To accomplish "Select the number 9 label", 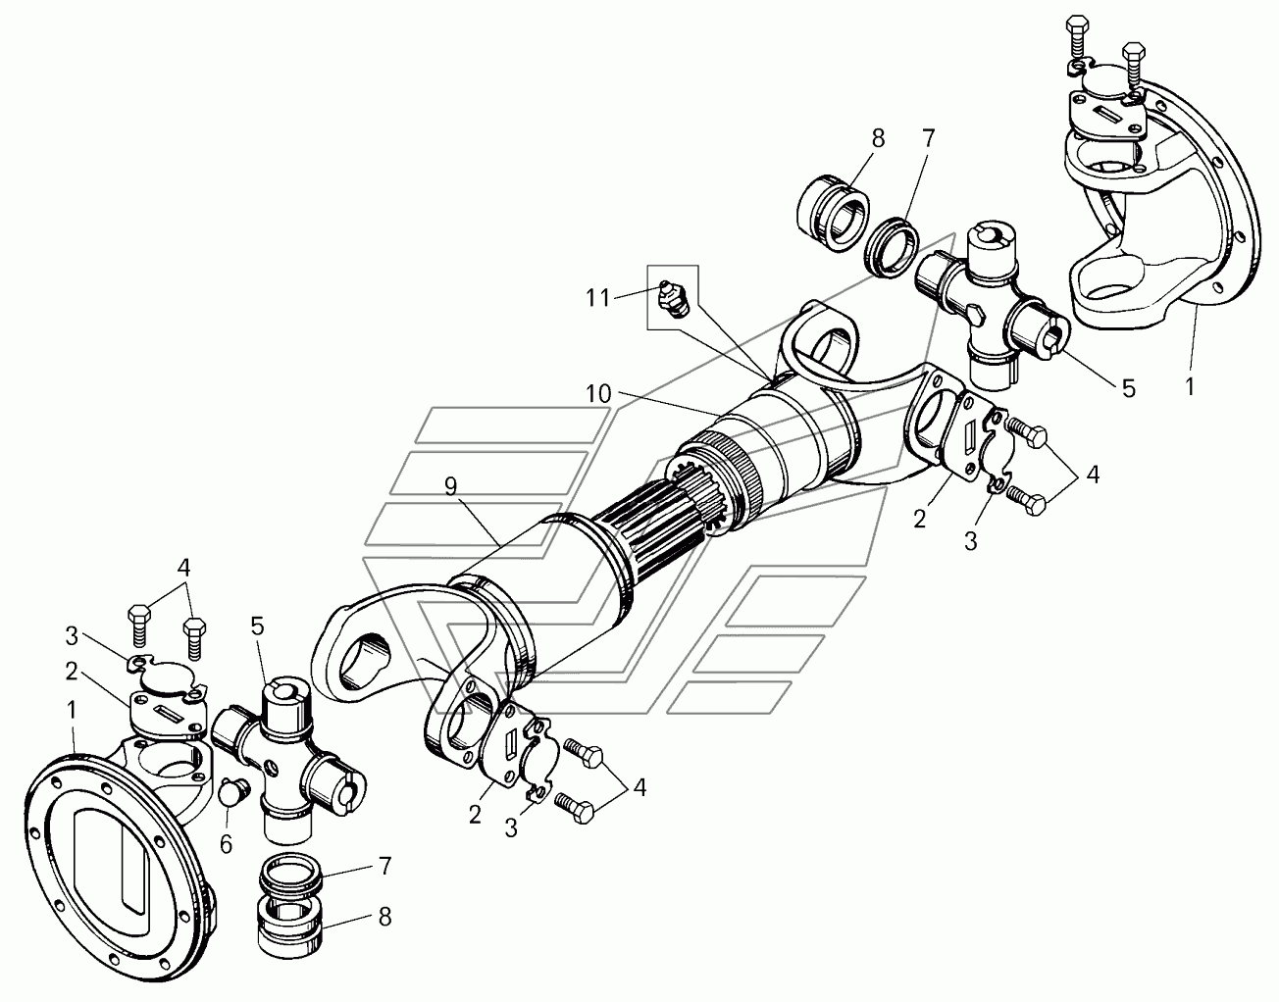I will tap(450, 487).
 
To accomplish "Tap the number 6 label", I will tap(226, 819).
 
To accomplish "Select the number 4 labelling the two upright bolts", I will tap(182, 567).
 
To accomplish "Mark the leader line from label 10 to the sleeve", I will tap(667, 403).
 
